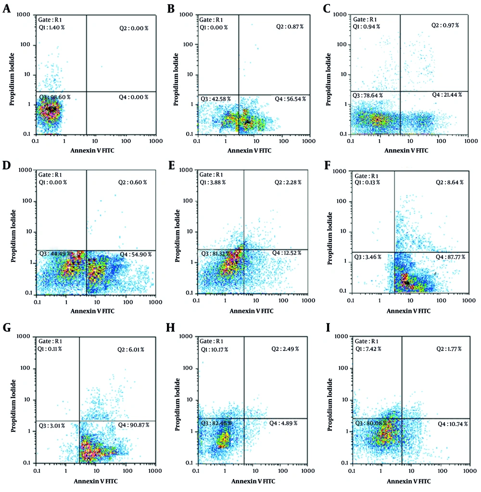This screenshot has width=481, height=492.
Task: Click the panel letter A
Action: pyautogui.click(x=7, y=8)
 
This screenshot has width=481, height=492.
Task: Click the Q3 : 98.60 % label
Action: pyautogui.click(x=54, y=97)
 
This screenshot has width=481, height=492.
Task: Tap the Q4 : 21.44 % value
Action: pyautogui.click(x=447, y=95)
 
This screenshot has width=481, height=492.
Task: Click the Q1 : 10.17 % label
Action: pyautogui.click(x=215, y=349)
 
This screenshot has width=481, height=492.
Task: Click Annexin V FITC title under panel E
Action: pyautogui.click(x=251, y=311)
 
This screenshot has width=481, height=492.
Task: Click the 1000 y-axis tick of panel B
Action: pyautogui.click(x=185, y=14)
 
